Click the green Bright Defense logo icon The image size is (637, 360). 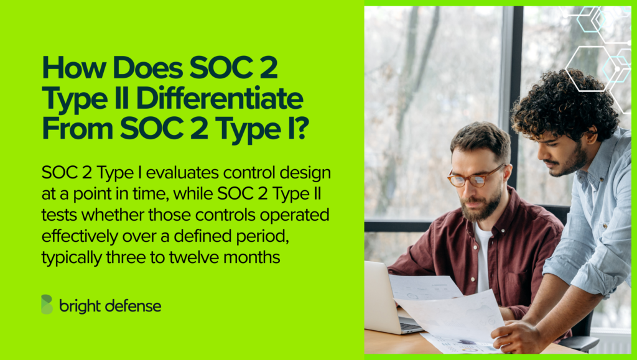click(x=47, y=305)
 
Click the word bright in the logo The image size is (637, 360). click(x=78, y=306)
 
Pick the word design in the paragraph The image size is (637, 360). click(x=309, y=172)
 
